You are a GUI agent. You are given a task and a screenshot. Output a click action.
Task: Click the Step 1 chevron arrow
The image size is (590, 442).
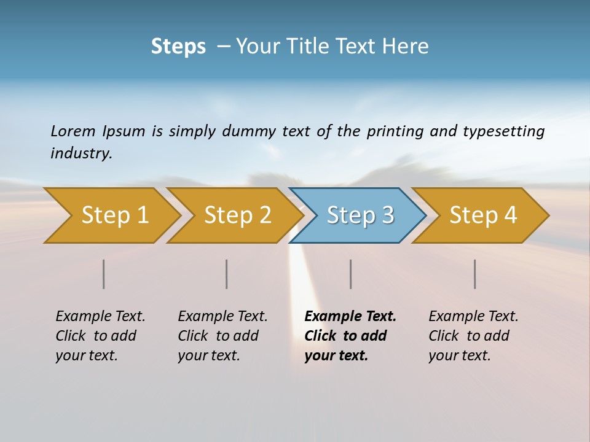click(x=114, y=215)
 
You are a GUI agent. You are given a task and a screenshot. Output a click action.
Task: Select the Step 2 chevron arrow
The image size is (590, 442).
click(x=237, y=215)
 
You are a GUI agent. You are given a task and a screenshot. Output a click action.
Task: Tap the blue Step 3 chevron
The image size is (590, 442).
click(x=360, y=215)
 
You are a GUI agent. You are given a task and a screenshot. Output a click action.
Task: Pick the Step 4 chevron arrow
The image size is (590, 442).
click(x=483, y=215)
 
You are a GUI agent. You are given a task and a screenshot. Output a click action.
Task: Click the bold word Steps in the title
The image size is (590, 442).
click(x=178, y=47)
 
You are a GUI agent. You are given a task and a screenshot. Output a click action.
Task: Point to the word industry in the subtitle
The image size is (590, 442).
click(x=81, y=153)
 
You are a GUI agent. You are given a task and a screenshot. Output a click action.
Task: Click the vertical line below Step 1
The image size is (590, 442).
click(x=104, y=274)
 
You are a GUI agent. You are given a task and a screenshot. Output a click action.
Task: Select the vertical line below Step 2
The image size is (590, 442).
click(x=227, y=274)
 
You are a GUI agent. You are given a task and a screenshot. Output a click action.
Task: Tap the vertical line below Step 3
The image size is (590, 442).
click(x=350, y=274)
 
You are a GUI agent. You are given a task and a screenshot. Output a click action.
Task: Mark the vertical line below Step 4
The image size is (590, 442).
click(x=475, y=274)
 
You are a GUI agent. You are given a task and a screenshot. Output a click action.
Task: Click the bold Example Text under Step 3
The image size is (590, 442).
click(x=350, y=317)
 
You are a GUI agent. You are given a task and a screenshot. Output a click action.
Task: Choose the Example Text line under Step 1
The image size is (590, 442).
click(x=100, y=317)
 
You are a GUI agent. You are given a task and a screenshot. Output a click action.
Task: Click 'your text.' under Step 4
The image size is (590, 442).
click(x=459, y=356)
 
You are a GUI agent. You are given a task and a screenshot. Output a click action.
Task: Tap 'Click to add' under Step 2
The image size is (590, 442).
click(x=218, y=336)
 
